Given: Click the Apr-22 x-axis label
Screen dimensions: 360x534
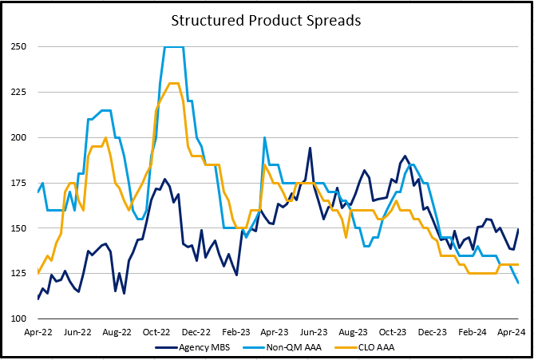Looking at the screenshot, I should (38, 331).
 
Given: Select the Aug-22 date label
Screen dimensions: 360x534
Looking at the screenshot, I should (117, 331).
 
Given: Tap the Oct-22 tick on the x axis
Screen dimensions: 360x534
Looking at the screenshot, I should (157, 331).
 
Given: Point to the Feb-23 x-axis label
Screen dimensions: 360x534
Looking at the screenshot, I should (236, 331).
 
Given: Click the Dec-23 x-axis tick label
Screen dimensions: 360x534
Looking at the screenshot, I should (432, 331).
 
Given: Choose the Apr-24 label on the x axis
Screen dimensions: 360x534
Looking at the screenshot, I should (512, 331).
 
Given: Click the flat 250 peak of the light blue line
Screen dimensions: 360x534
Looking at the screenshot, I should (174, 47).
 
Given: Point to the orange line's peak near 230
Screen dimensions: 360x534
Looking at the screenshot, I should (173, 83).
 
